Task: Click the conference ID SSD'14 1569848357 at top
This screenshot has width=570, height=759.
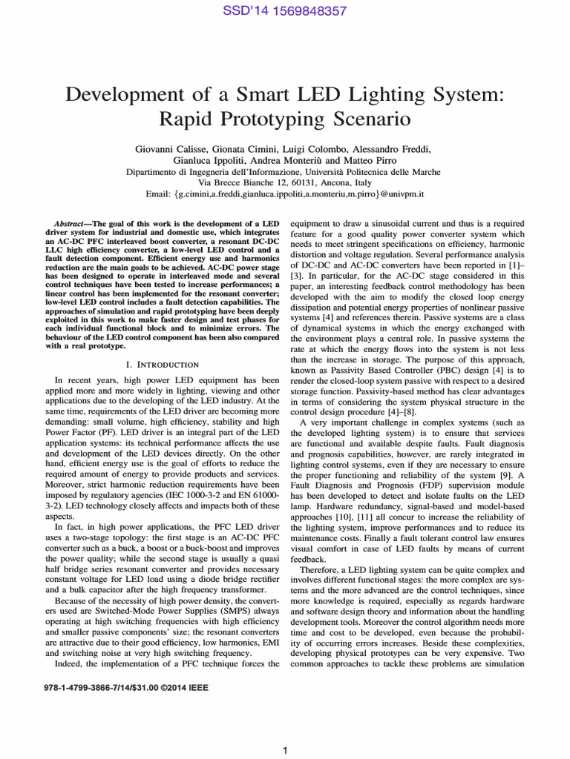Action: pos(285,11)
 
